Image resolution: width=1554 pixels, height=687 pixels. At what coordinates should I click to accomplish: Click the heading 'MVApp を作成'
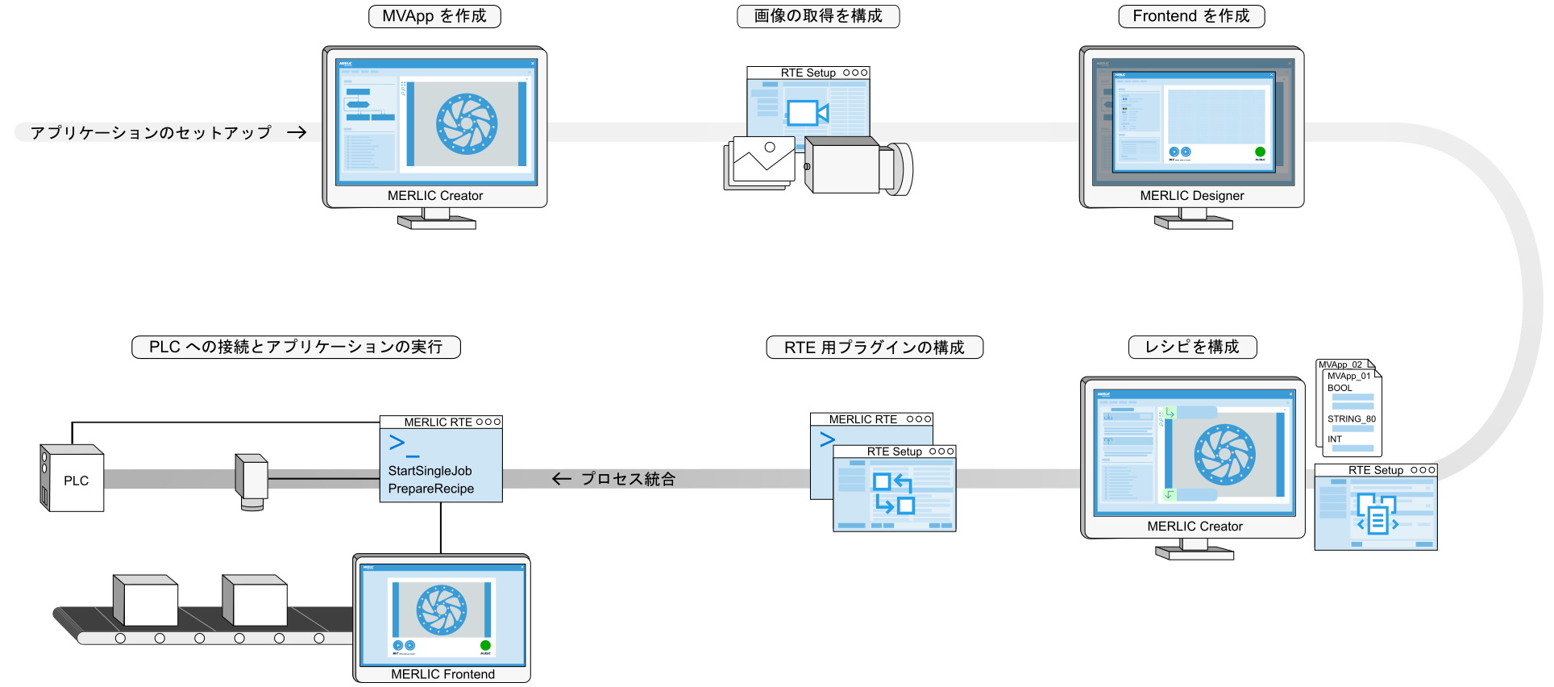click(x=434, y=16)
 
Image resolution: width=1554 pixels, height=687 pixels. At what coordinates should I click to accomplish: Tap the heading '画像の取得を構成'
click(x=818, y=16)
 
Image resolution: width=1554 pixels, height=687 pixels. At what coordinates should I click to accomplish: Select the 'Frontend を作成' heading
click(x=1191, y=16)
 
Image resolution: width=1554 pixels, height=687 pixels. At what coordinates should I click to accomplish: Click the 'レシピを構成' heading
click(x=1192, y=347)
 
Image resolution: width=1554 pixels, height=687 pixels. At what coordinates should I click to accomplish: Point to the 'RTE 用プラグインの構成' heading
click(x=875, y=348)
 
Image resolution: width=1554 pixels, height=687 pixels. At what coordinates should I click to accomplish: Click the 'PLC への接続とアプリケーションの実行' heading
click(x=296, y=347)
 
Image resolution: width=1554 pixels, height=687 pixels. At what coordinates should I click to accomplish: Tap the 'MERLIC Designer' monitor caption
click(x=1192, y=196)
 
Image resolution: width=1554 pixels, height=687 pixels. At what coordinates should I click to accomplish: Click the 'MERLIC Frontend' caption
click(x=443, y=674)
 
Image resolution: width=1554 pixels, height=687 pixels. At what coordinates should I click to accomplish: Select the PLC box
click(x=73, y=480)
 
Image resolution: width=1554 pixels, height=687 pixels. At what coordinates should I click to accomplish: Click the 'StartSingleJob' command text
click(x=430, y=471)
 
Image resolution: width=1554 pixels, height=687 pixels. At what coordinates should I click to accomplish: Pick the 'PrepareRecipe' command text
click(x=430, y=489)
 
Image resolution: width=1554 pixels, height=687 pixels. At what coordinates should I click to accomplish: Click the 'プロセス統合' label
click(x=628, y=479)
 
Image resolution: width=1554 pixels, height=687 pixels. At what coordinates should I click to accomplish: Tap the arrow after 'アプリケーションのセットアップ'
click(x=297, y=132)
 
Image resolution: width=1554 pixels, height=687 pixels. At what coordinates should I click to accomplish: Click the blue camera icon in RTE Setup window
click(x=807, y=113)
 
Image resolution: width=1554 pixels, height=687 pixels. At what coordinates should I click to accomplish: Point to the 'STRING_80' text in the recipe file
click(x=1351, y=419)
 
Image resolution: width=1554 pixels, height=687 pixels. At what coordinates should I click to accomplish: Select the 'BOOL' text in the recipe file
click(x=1340, y=388)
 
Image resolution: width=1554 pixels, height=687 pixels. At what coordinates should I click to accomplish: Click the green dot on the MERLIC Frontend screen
click(x=485, y=645)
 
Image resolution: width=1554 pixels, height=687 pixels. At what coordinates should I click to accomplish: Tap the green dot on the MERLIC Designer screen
click(x=1260, y=152)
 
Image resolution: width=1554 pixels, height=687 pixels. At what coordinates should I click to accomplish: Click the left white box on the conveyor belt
click(x=147, y=602)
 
